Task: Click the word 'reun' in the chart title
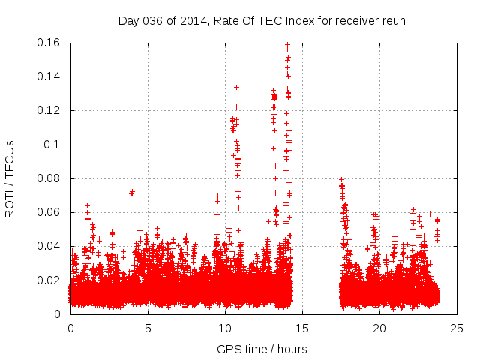[x=392, y=20]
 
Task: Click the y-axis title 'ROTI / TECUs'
[x=10, y=178]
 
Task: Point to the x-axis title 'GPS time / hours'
[x=262, y=349]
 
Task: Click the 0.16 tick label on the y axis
[x=49, y=43]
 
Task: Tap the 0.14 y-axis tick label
[x=49, y=76]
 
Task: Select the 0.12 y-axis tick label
[x=49, y=110]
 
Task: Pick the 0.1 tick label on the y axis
[x=53, y=145]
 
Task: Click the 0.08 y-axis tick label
[x=49, y=178]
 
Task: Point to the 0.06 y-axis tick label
[x=49, y=212]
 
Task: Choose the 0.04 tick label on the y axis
[x=49, y=246]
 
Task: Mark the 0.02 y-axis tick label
[x=49, y=280]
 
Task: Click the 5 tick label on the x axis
[x=148, y=328]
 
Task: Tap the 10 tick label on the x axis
[x=226, y=328]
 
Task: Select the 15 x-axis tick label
[x=303, y=328]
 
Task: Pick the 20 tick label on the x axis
[x=380, y=328]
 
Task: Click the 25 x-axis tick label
[x=457, y=328]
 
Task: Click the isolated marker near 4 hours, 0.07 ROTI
[x=132, y=193]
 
